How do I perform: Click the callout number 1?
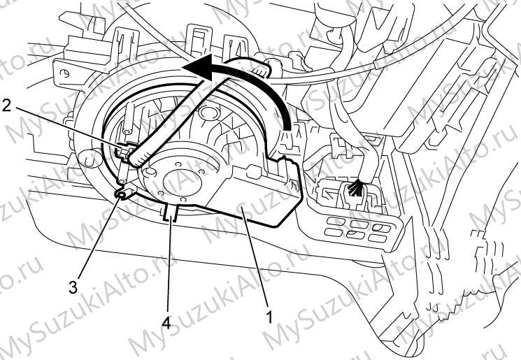pos(269,317)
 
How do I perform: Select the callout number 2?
pos(7,106)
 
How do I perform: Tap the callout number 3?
pos(73,286)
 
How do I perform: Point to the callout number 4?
pos(166,322)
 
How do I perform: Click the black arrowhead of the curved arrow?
pos(198,67)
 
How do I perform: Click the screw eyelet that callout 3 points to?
pos(122,194)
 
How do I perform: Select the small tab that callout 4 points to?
pos(171,213)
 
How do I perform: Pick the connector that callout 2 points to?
pos(123,150)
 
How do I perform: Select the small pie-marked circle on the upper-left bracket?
pos(66,74)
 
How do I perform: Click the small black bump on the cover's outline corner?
pos(285,158)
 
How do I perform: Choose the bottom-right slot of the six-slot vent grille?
pos(377,238)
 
